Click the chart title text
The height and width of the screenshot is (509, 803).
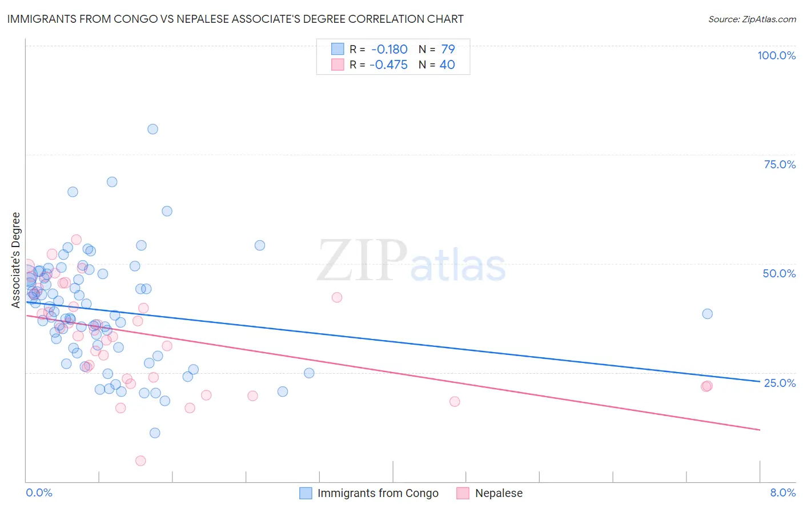[235, 19]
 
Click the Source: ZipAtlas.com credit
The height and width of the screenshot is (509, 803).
[752, 19]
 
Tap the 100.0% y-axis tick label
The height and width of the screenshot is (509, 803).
[776, 55]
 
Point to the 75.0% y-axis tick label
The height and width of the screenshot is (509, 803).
[780, 164]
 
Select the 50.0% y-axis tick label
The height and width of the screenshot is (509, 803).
[779, 273]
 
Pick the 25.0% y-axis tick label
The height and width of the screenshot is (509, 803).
[780, 382]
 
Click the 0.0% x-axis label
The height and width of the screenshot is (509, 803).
[39, 492]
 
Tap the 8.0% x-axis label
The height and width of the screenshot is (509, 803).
[782, 492]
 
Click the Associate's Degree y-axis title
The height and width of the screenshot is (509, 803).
[16, 260]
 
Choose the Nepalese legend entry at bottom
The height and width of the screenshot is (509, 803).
[499, 493]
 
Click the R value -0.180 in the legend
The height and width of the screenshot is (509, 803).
[388, 49]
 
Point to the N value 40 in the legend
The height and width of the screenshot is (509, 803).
[447, 65]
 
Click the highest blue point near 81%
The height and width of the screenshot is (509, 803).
[152, 129]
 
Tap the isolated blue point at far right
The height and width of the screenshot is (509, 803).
[707, 314]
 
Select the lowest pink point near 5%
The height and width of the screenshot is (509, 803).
[140, 460]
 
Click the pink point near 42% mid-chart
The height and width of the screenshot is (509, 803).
[337, 297]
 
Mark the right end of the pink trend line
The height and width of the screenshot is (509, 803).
[760, 430]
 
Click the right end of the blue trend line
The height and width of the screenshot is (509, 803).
[760, 381]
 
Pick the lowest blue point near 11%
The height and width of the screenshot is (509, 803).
[155, 433]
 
